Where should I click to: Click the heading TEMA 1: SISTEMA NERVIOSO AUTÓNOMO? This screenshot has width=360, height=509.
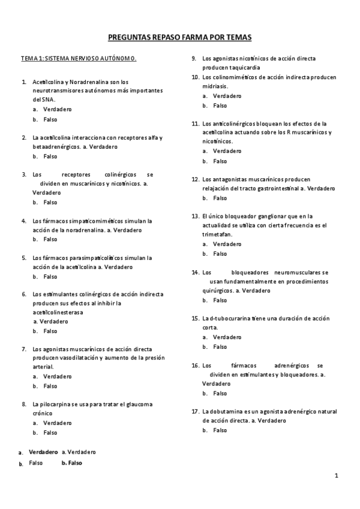[79, 59]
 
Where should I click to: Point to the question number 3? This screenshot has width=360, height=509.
[23, 174]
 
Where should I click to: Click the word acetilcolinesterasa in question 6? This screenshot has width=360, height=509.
[58, 312]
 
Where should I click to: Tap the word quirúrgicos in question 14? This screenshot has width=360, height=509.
[218, 290]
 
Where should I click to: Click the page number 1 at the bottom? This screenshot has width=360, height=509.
[337, 475]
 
